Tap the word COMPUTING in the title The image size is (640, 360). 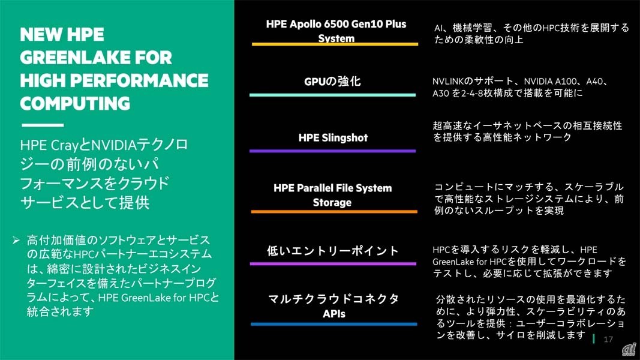(x=75, y=103)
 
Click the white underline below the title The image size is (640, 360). (x=42, y=125)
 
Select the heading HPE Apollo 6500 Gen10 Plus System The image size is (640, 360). (x=336, y=31)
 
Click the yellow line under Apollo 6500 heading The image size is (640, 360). (x=335, y=44)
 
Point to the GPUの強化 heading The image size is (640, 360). (x=332, y=81)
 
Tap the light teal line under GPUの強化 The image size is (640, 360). (x=332, y=95)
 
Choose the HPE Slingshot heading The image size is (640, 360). (x=333, y=137)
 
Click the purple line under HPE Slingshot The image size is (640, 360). (x=332, y=151)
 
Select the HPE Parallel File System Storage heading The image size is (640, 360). (x=332, y=195)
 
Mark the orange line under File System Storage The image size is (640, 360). (x=333, y=212)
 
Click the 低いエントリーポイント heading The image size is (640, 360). (x=333, y=251)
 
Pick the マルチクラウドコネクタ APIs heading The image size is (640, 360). (x=333, y=305)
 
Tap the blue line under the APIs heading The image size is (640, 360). (x=333, y=325)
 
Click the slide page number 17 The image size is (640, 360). (x=608, y=340)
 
